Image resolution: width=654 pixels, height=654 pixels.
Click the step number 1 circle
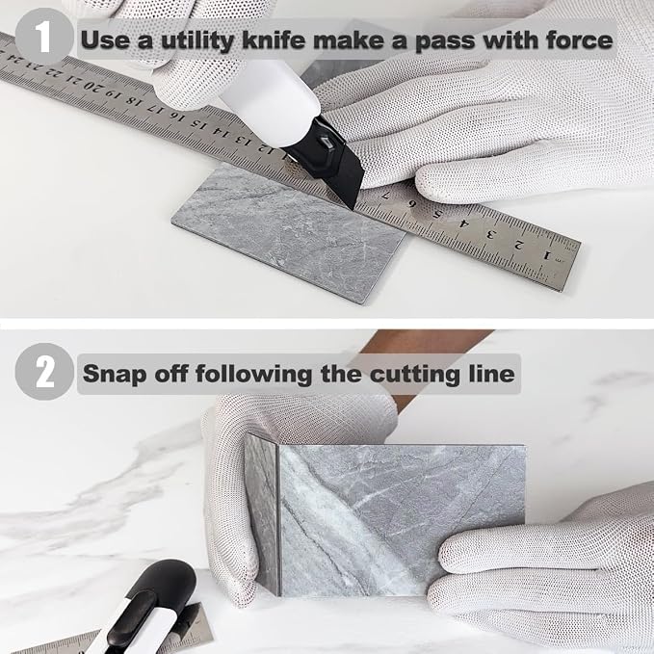click(x=43, y=37)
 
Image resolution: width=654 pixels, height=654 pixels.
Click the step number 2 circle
click(x=44, y=372)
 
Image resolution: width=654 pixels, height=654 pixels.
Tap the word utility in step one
click(x=197, y=41)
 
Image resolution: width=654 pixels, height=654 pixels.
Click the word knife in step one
click(x=274, y=40)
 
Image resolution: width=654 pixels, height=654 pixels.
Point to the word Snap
click(x=115, y=374)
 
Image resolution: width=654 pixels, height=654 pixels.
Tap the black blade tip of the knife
click(x=352, y=205)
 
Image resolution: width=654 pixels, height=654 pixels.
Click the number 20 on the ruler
click(x=93, y=86)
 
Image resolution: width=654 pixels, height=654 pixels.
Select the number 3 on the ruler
click(x=492, y=233)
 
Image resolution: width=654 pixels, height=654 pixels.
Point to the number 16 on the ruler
click(x=177, y=117)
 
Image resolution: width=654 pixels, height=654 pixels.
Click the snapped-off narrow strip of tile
click(x=262, y=514)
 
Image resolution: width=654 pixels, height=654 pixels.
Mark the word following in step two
click(x=253, y=374)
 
